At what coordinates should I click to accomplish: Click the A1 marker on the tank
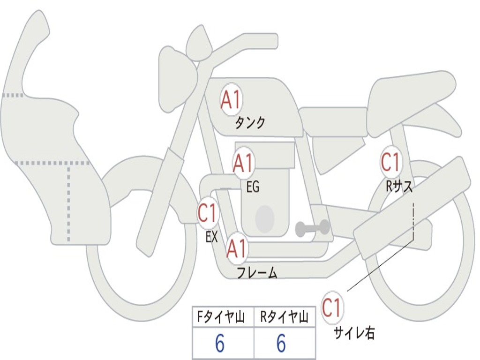(x=231, y=99)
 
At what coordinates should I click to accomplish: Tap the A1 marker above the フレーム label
(x=237, y=248)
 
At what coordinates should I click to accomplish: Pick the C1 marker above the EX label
(x=208, y=212)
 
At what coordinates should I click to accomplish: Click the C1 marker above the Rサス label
(x=391, y=162)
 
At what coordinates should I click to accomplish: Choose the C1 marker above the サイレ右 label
(x=332, y=307)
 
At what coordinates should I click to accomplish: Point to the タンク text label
(x=250, y=123)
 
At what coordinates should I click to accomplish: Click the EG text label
(x=253, y=186)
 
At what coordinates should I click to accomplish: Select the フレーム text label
(x=257, y=273)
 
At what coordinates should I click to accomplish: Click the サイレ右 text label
(x=354, y=333)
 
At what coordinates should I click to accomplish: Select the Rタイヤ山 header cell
(x=285, y=317)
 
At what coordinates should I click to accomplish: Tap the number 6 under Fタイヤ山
(x=220, y=343)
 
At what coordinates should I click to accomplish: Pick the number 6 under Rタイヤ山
(x=281, y=343)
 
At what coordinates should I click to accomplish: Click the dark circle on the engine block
(x=265, y=218)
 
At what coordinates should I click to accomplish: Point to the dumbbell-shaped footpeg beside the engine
(x=312, y=228)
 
